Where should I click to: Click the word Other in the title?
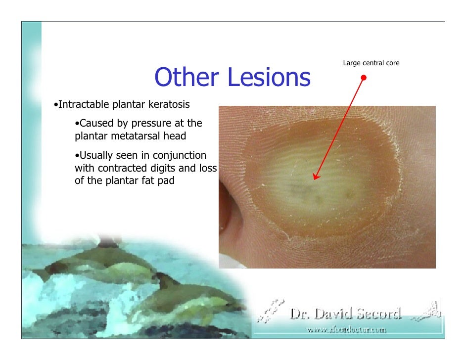186,78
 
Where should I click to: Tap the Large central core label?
371,63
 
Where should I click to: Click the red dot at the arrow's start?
364,78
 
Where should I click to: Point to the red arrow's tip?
315,179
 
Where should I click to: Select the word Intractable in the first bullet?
84,105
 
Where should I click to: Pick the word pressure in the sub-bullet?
147,123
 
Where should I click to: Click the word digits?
169,168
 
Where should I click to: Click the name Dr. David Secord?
345,314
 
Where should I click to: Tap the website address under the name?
346,328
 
